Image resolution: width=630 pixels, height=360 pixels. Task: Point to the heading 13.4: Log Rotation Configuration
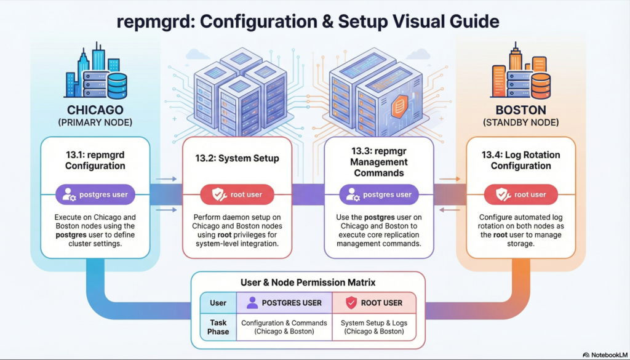tap(520, 160)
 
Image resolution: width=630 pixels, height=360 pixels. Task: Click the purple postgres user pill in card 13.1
tap(95, 195)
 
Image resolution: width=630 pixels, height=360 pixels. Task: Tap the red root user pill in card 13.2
tap(237, 195)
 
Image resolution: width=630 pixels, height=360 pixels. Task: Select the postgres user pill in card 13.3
tap(379, 195)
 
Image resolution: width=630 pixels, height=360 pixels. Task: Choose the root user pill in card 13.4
tap(520, 195)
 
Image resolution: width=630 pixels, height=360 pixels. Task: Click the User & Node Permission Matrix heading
tap(308, 282)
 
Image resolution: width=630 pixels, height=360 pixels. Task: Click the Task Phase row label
tap(218, 327)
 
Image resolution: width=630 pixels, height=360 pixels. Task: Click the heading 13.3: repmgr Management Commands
tap(379, 162)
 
